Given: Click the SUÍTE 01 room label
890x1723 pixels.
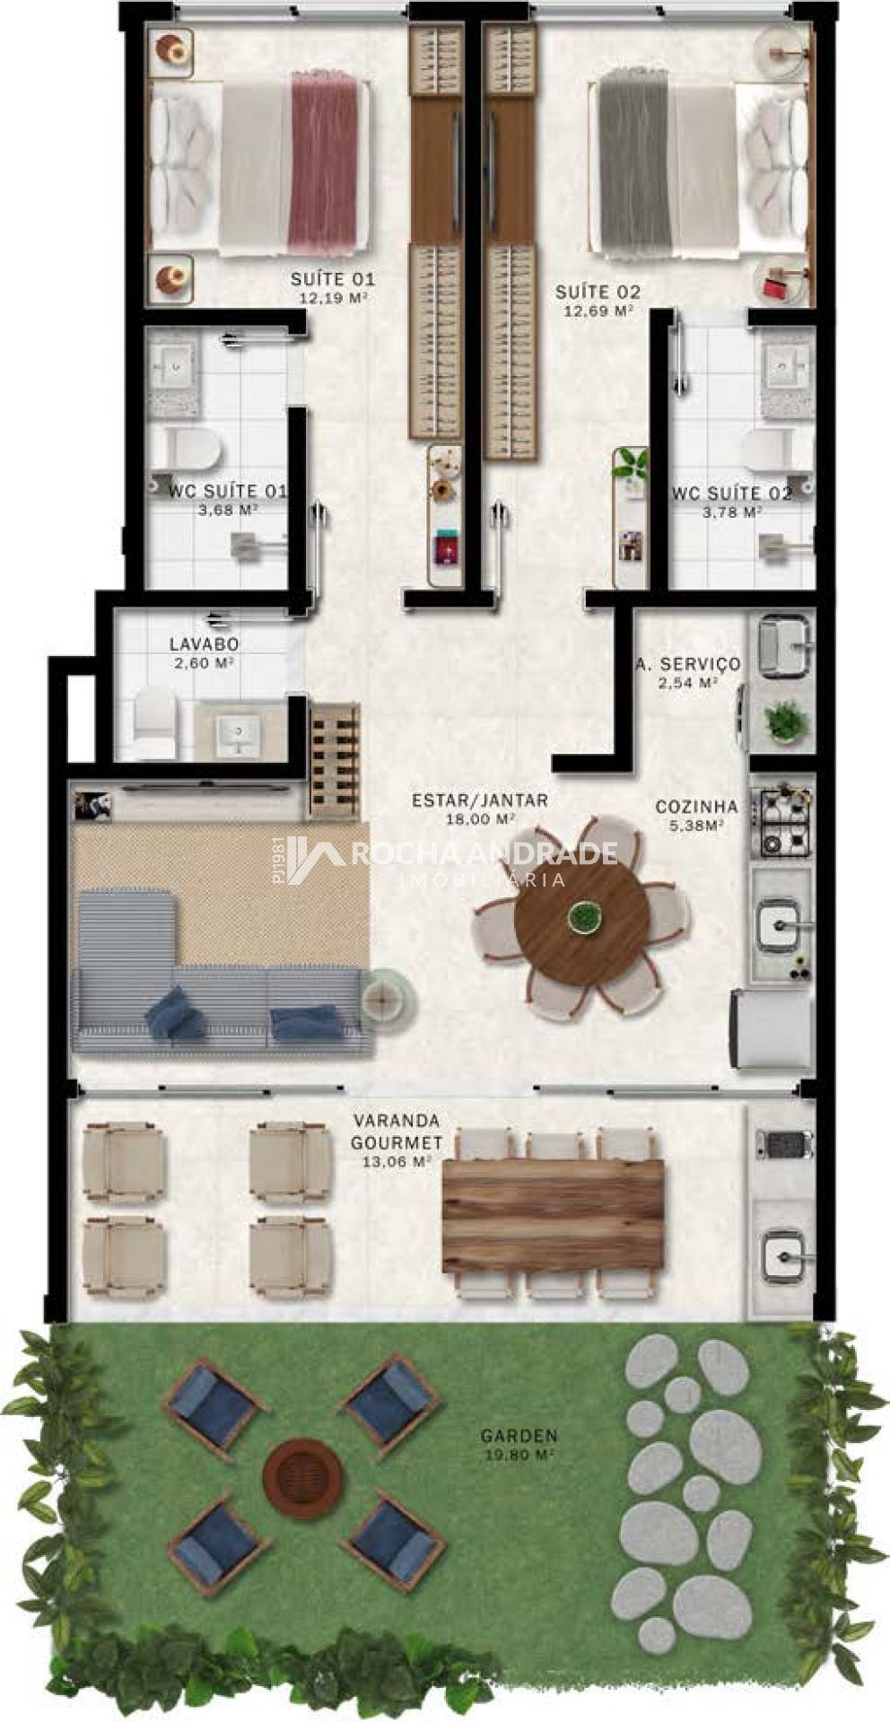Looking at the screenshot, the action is pos(332,279).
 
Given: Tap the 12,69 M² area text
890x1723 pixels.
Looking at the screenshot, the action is pos(598,310).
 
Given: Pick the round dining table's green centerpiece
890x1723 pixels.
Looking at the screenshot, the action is pos(584,916).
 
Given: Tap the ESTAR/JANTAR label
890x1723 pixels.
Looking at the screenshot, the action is pos(479,800).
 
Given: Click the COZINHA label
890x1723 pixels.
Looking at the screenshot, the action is pos(696,806).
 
